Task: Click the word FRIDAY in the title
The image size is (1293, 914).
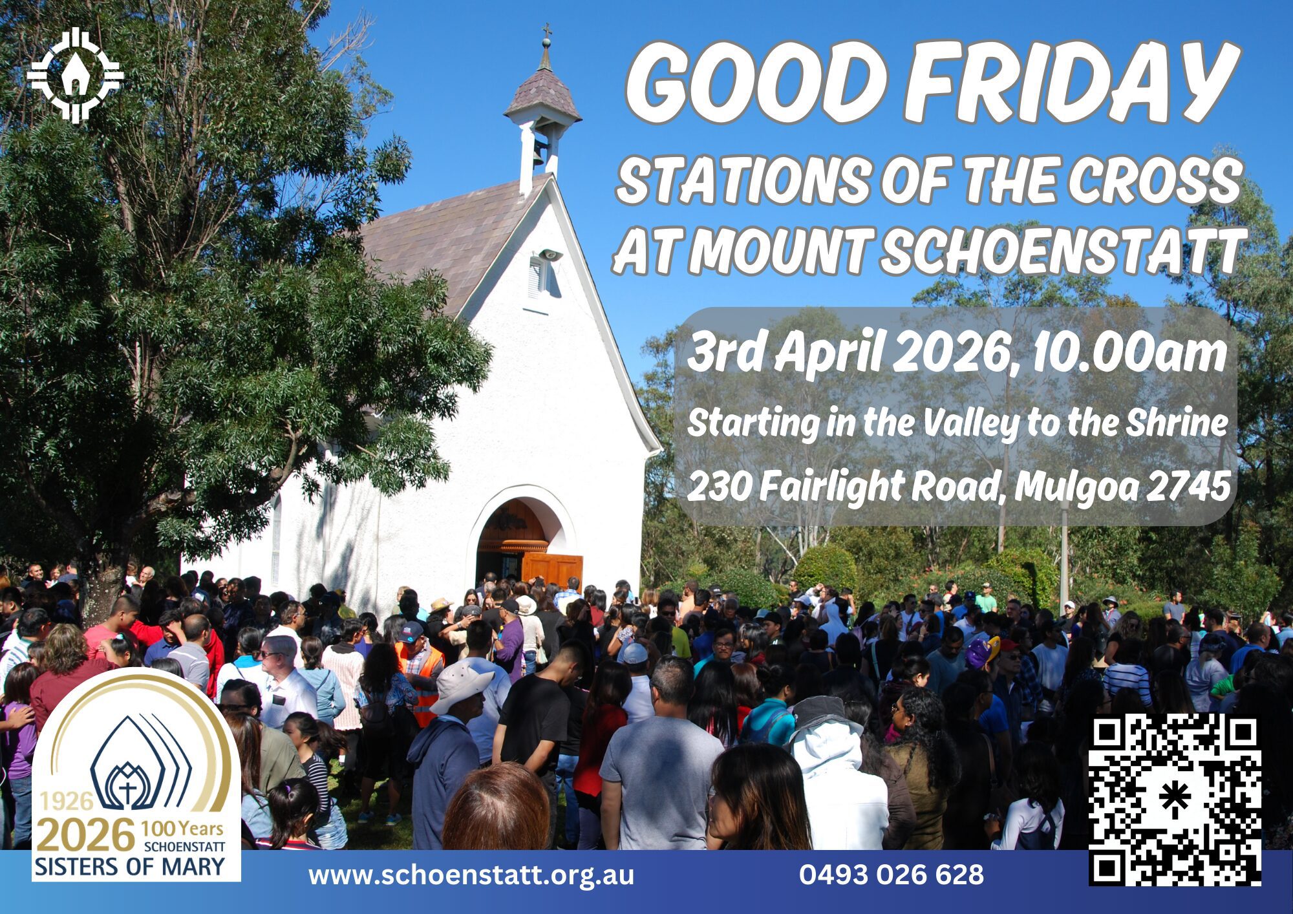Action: point(1067,83)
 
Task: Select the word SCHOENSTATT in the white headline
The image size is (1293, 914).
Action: point(1061,250)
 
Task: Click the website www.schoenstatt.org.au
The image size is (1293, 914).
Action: point(471,875)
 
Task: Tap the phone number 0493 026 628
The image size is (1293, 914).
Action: point(892,875)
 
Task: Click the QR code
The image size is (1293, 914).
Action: point(1175,800)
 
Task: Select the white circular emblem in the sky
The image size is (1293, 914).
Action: point(75,75)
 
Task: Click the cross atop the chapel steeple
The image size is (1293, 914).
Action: point(547,31)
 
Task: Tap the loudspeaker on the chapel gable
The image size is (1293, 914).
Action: point(550,255)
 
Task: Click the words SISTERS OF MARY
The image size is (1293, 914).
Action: point(130,866)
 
